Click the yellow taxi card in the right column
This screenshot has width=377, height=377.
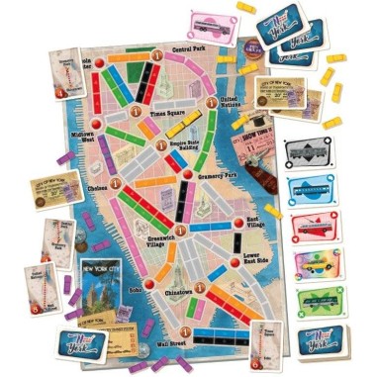(x=309, y=263)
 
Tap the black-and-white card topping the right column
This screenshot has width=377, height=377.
(x=309, y=150)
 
